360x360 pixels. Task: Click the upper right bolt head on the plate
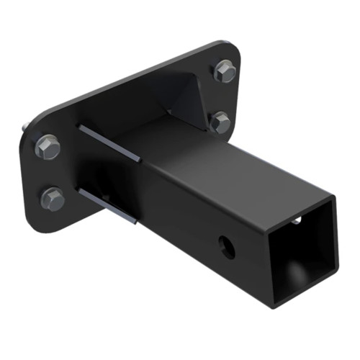224,71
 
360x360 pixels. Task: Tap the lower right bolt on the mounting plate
220,122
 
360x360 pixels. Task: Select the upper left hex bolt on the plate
47,147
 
